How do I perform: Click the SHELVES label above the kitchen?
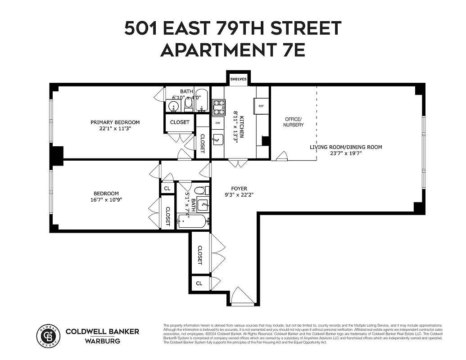pyautogui.click(x=239, y=79)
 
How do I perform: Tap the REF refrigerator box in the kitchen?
pyautogui.click(x=262, y=106)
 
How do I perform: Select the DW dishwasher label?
pyautogui.click(x=218, y=123)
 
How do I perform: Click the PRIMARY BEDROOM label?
pyautogui.click(x=115, y=122)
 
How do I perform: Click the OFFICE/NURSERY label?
pyautogui.click(x=294, y=122)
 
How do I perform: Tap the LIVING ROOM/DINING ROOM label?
pyautogui.click(x=346, y=147)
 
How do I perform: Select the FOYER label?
pyautogui.click(x=239, y=189)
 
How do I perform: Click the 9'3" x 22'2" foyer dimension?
pyautogui.click(x=239, y=195)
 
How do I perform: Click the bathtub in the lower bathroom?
pyautogui.click(x=193, y=221)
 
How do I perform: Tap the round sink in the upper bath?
pyautogui.click(x=173, y=107)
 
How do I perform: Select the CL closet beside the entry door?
pyautogui.click(x=199, y=283)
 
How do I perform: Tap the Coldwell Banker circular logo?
pyautogui.click(x=48, y=336)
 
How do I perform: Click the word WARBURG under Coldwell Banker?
pyautogui.click(x=102, y=341)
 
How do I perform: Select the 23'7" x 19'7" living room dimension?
pyautogui.click(x=346, y=153)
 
